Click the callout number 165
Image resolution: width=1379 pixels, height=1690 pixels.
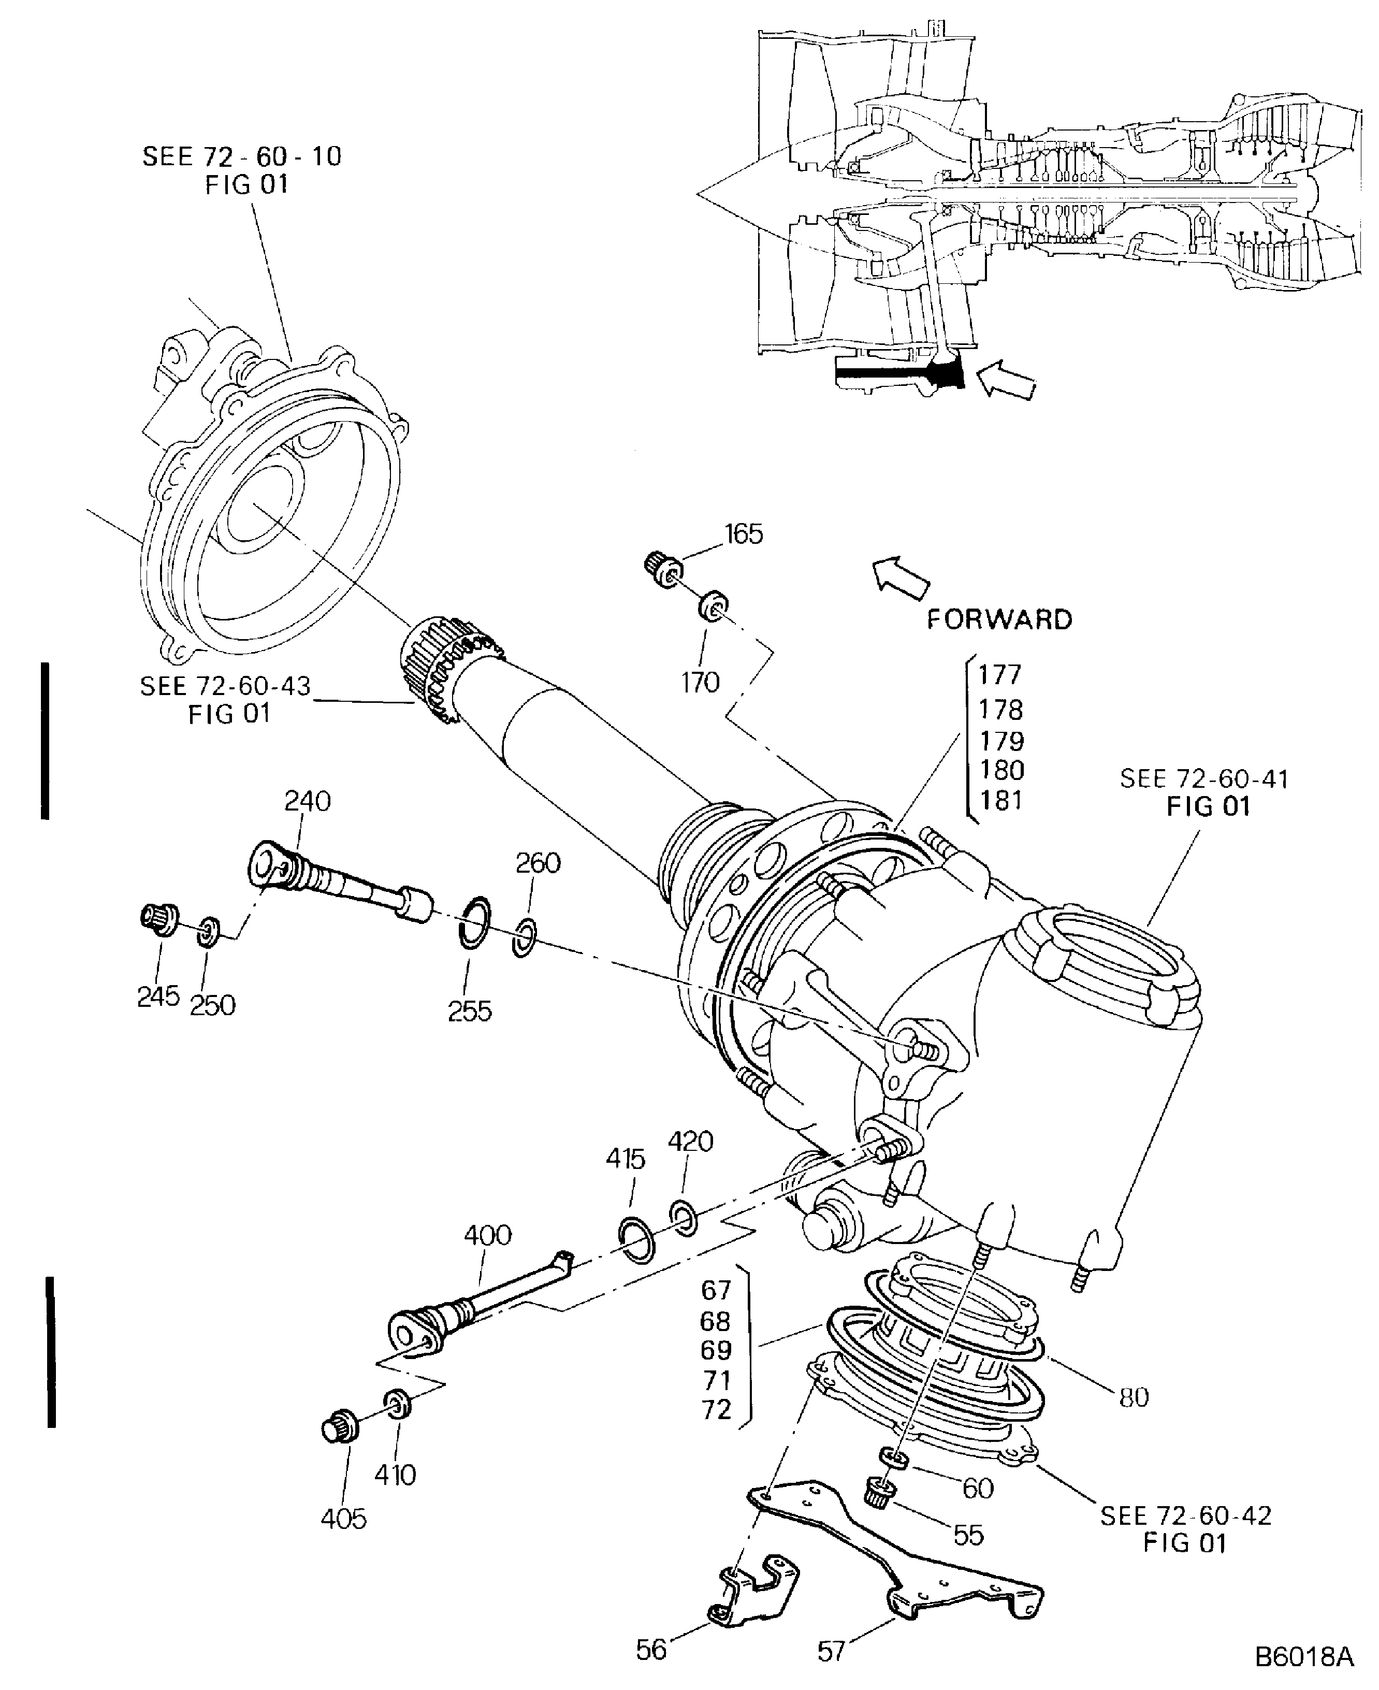coord(744,534)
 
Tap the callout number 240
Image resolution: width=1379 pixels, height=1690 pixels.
coord(308,800)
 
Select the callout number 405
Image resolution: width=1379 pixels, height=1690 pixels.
coord(343,1519)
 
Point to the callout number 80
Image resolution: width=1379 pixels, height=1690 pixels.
coord(1134,1397)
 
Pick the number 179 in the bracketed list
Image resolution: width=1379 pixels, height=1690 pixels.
coord(1001,741)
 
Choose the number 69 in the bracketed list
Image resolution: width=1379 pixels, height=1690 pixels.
coord(716,1350)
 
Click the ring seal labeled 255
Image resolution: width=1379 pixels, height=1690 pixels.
coord(475,922)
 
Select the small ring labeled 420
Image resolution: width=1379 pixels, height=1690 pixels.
coord(683,1219)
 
